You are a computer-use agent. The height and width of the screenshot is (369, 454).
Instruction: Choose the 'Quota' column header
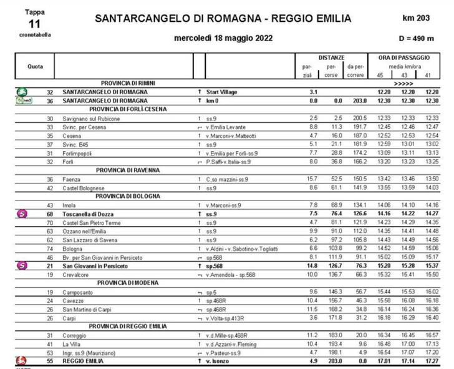click(x=35, y=66)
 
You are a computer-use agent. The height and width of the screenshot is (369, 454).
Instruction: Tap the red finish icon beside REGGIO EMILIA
click(x=21, y=360)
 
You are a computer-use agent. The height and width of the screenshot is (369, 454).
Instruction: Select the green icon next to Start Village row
click(x=21, y=91)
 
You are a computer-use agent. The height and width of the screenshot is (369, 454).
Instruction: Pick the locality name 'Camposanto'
click(x=79, y=292)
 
